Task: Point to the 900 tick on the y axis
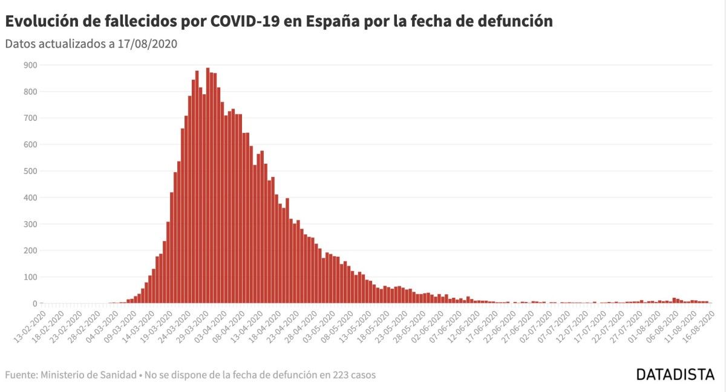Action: [30, 65]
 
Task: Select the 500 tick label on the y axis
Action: [30, 171]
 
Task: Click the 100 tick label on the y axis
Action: [30, 277]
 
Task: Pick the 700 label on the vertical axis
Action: [30, 118]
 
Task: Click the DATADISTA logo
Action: [675, 374]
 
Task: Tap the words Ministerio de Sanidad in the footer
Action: [88, 375]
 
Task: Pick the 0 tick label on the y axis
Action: [34, 304]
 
